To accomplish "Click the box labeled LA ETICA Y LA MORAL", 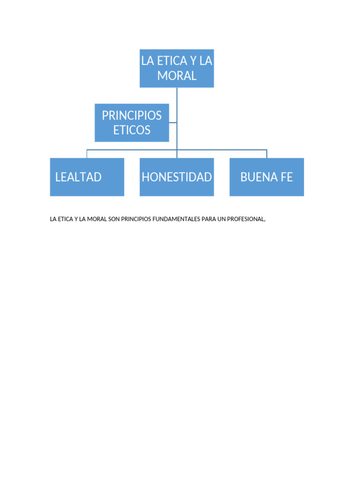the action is [177, 68].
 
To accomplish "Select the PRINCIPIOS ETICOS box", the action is [132, 122].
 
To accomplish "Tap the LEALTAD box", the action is [87, 177].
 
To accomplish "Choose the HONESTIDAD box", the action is [177, 177].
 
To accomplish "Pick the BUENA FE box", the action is [267, 177].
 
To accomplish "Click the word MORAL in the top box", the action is [177, 76].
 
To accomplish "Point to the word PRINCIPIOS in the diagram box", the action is [132, 115].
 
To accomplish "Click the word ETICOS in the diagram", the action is [132, 130].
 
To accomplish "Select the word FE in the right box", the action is [286, 177].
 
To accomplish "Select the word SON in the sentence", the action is [114, 219].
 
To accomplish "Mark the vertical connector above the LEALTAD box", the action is [87, 154].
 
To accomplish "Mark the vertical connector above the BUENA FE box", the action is [267, 154].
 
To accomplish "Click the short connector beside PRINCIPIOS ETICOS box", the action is [173, 123].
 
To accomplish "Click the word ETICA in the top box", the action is [166, 61].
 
